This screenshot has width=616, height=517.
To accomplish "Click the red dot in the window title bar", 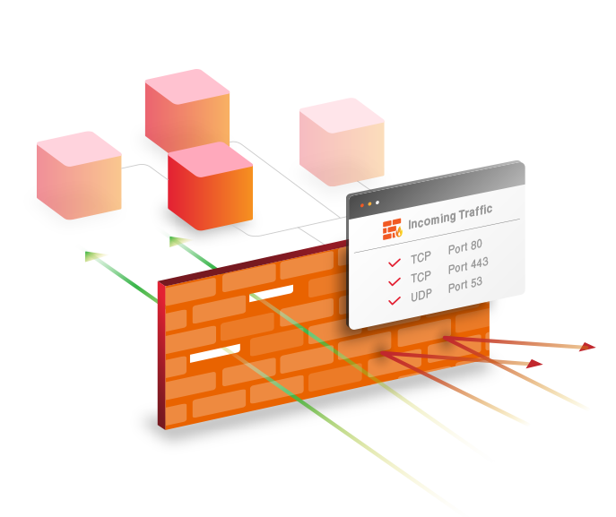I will coord(362,205).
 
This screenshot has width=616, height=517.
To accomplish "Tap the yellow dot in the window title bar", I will coord(369,204).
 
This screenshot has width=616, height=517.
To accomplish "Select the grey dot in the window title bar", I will coord(377,203).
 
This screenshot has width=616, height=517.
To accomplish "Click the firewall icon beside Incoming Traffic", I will coord(392,228).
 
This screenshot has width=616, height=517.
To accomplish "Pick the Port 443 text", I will coord(468,266).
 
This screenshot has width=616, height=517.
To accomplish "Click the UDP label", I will coord(421,296).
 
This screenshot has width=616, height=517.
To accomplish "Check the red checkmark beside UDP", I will coord(394,300).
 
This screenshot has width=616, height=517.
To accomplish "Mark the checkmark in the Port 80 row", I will coord(394,263).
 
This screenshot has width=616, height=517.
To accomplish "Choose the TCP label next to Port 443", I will coord(421,276).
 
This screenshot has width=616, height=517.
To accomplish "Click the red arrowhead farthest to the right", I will coord(588,346).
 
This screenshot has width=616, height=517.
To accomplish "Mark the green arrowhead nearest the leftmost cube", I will coord(93,256).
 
